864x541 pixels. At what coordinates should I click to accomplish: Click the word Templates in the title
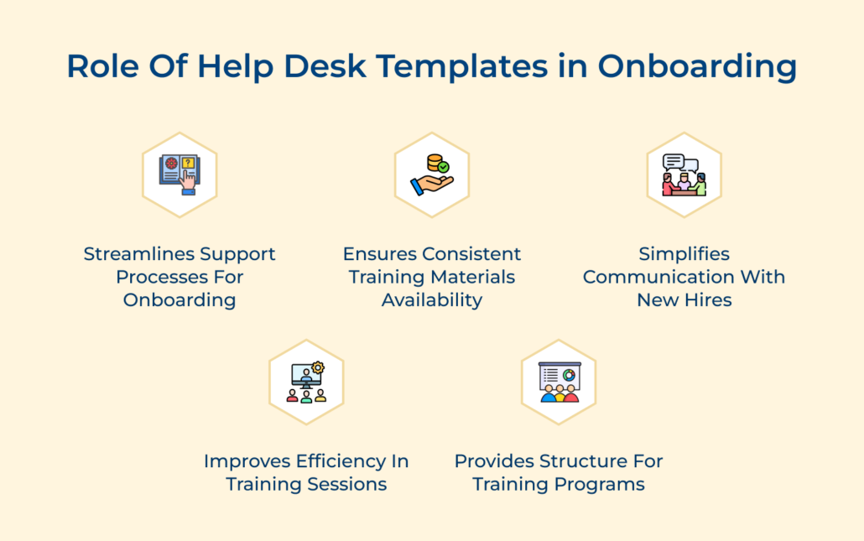click(x=461, y=66)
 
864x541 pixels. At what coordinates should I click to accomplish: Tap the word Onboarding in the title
click(x=697, y=66)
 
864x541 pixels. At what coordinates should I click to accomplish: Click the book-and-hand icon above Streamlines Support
click(x=180, y=174)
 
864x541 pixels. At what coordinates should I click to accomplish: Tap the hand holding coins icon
click(x=432, y=174)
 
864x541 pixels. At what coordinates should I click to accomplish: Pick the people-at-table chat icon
click(x=684, y=174)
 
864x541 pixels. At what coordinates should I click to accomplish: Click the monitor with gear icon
click(x=306, y=382)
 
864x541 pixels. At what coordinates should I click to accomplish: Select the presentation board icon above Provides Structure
click(x=560, y=382)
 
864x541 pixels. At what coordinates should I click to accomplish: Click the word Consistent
click(x=471, y=254)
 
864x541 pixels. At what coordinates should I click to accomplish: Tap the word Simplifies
click(x=684, y=253)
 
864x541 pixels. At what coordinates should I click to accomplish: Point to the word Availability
click(x=432, y=300)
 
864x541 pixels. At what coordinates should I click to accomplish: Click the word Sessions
click(x=347, y=484)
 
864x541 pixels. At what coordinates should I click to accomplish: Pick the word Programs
click(x=600, y=485)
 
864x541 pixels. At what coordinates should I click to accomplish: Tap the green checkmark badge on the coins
click(x=443, y=167)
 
